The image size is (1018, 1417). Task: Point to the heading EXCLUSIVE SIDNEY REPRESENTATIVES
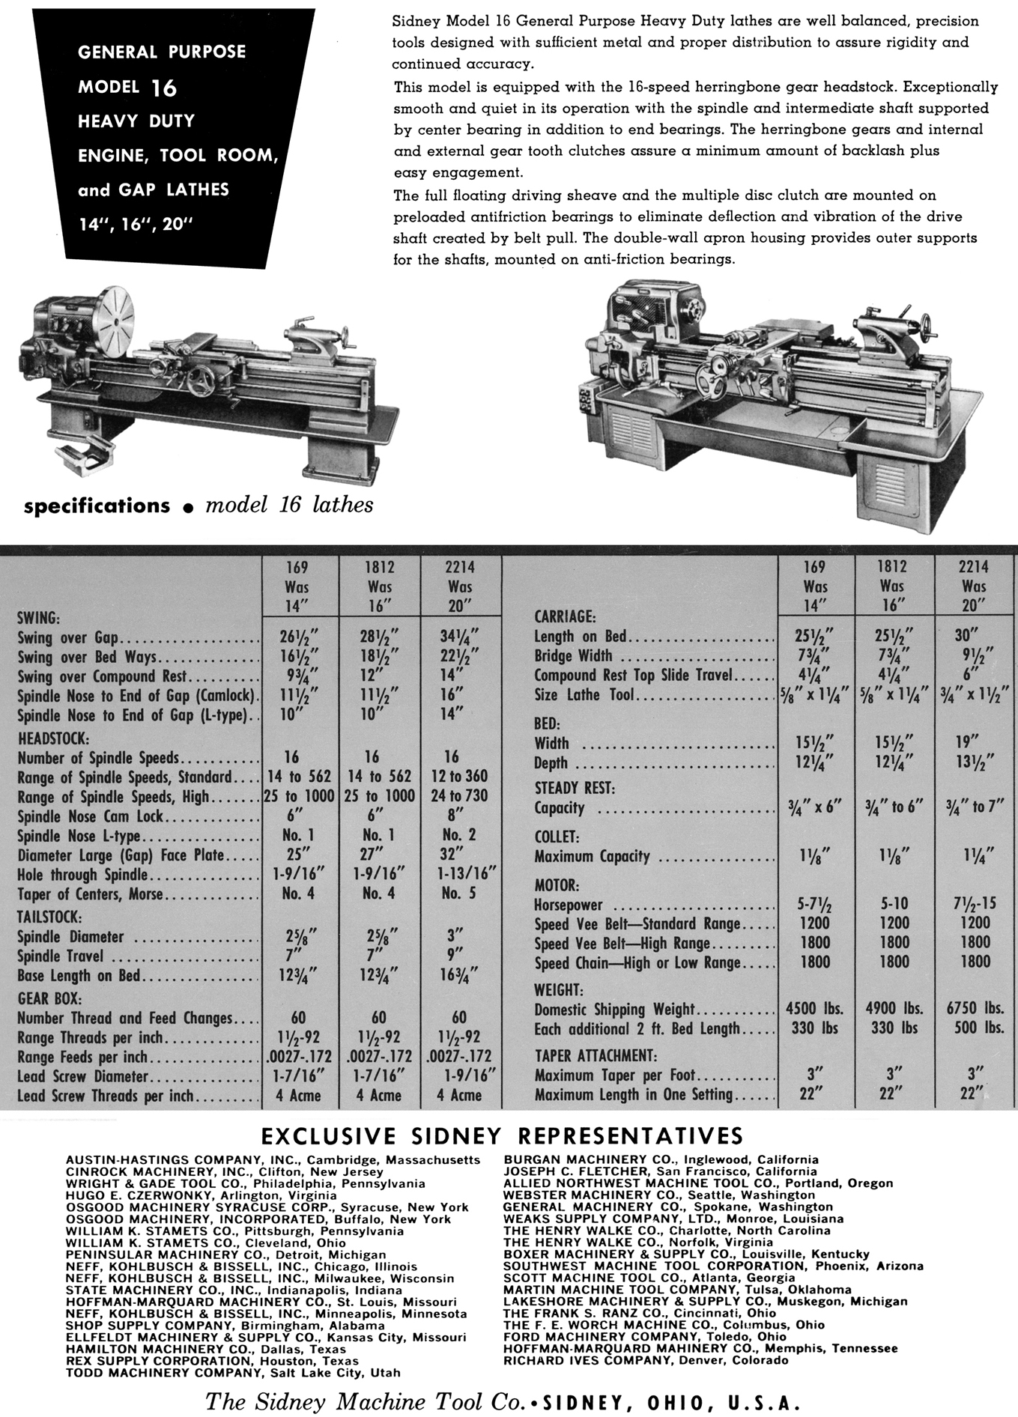[501, 1135]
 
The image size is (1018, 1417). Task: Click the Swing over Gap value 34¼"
[459, 638]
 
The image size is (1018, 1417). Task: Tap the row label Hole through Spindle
[83, 875]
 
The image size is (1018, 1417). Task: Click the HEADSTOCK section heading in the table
[53, 737]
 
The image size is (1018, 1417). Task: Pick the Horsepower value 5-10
[894, 904]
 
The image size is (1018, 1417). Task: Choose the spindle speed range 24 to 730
[459, 795]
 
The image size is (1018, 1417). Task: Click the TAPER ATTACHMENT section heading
[595, 1055]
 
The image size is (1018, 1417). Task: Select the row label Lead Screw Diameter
[83, 1077]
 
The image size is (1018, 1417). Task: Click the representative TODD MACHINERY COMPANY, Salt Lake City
[233, 1373]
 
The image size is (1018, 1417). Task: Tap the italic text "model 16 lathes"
[289, 505]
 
